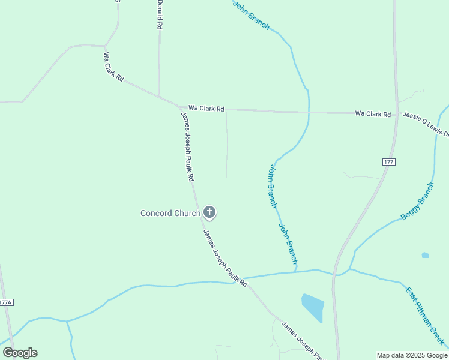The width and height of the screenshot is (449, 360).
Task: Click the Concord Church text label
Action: (x=170, y=213)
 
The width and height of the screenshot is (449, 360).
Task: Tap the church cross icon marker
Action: (x=209, y=212)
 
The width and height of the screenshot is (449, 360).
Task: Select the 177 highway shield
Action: (x=388, y=162)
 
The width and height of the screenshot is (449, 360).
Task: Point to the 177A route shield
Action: (x=6, y=303)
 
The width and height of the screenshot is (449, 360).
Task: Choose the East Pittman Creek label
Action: (x=426, y=316)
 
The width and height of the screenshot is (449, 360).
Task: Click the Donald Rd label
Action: (x=160, y=15)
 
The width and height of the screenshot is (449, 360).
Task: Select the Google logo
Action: (x=20, y=353)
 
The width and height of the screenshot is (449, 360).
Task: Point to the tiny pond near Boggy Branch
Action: (x=426, y=255)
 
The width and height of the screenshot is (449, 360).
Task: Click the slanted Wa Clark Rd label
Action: (x=113, y=67)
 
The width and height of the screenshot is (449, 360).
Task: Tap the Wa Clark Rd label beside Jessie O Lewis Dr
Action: (x=373, y=113)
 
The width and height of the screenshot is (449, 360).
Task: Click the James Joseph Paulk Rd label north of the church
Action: (x=187, y=146)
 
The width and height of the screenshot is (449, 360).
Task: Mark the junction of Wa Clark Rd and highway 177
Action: (x=396, y=113)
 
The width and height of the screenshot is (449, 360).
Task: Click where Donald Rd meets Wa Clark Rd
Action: (x=159, y=95)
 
